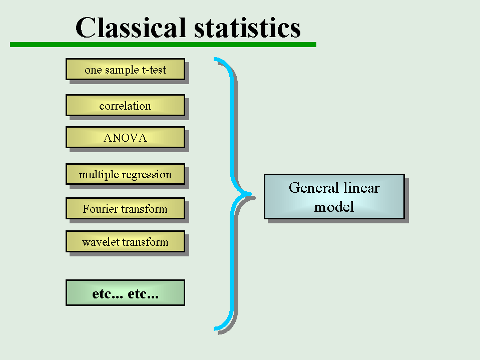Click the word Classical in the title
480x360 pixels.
131,28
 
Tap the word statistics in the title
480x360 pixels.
247,28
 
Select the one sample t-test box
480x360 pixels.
126,69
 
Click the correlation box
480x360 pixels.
126,105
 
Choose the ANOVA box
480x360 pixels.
126,138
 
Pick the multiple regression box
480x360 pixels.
126,174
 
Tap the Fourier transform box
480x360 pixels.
126,208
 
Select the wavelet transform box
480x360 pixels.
126,241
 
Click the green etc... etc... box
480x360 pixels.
126,292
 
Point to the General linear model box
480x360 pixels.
334,197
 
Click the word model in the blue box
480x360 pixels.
334,207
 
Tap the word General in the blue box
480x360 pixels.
314,188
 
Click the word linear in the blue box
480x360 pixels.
361,188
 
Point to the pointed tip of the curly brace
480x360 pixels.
251,194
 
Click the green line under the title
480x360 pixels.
163,45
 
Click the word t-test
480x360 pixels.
154,70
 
